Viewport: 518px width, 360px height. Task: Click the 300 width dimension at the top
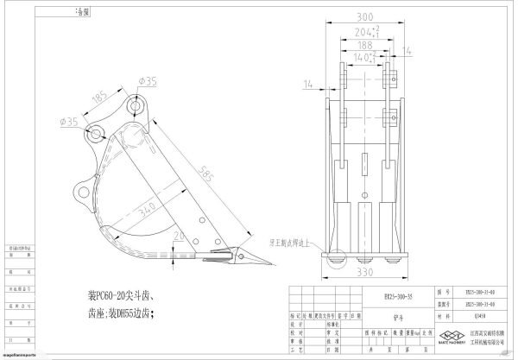click(367, 16)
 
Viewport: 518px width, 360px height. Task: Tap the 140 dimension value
click(366, 59)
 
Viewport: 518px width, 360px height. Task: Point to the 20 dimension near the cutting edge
click(178, 235)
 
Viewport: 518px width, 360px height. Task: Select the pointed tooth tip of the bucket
click(263, 262)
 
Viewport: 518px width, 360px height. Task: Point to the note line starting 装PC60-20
click(112, 291)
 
